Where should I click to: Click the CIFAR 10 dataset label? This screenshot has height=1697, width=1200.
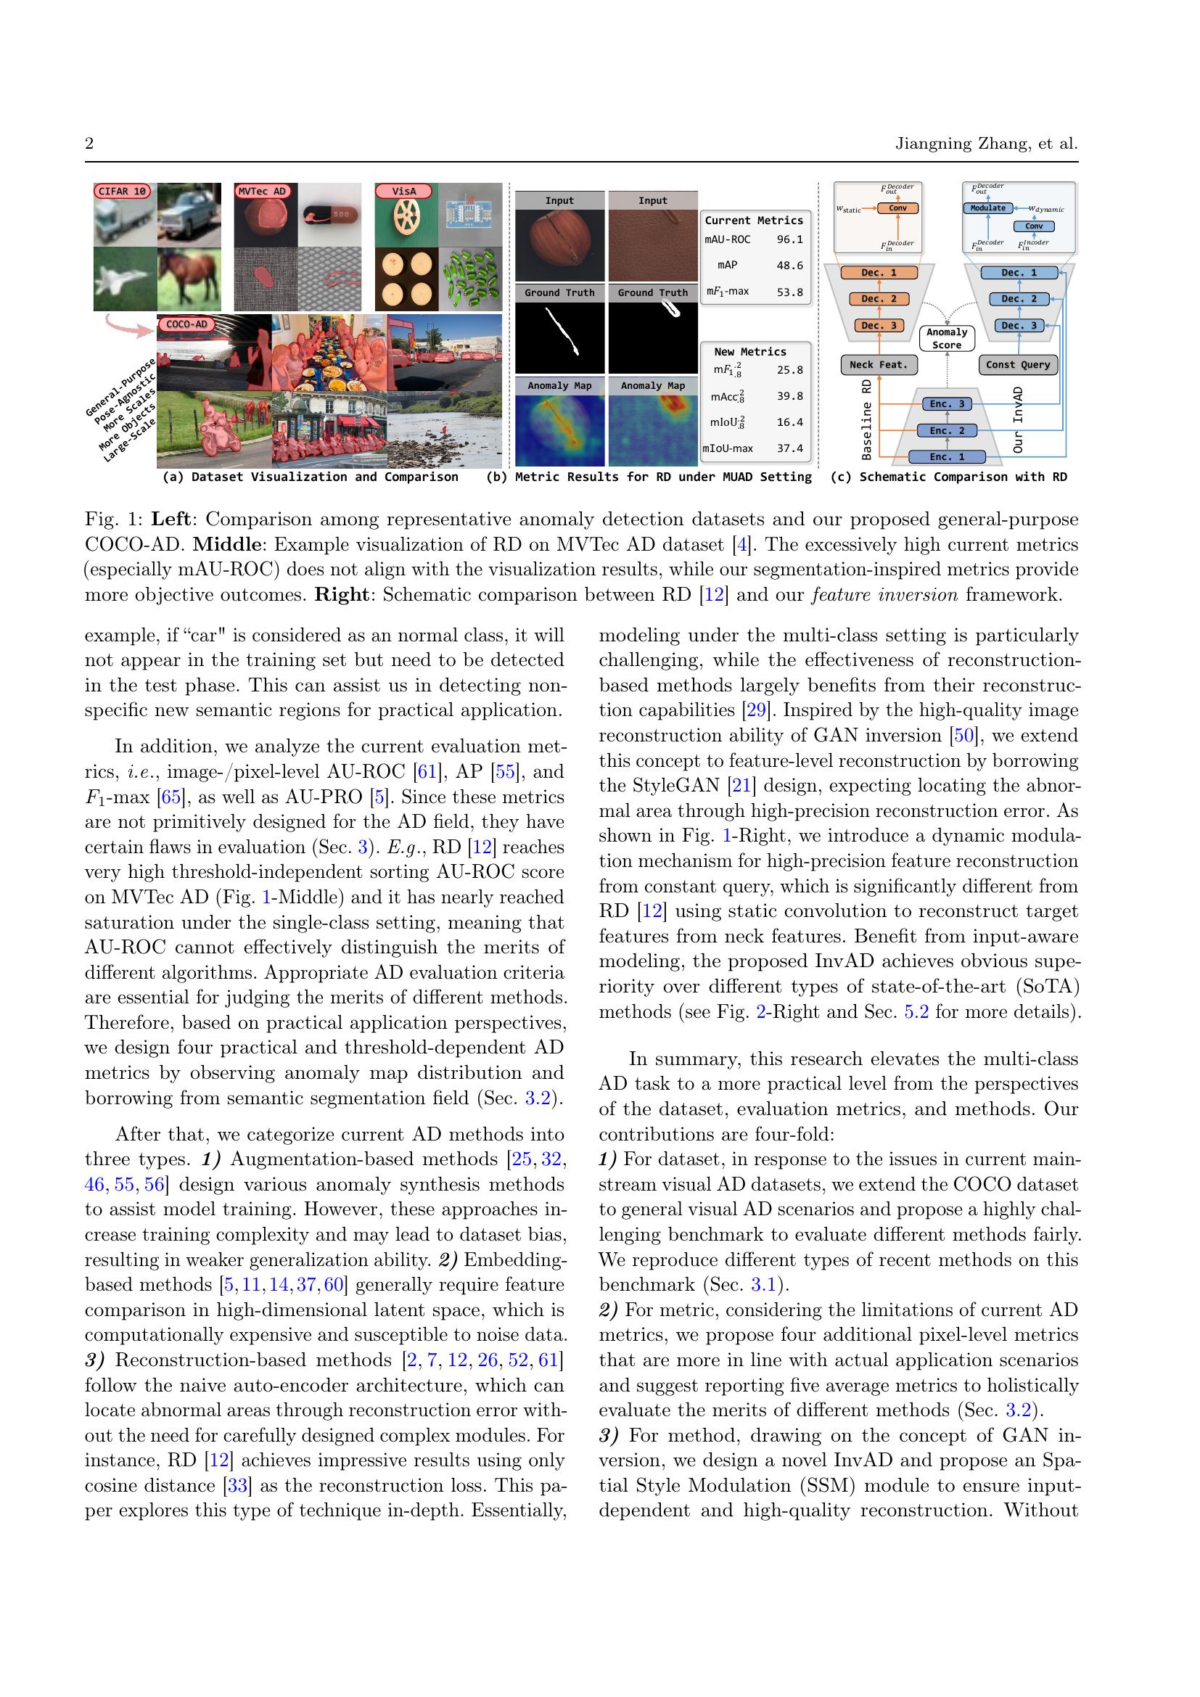coord(123,192)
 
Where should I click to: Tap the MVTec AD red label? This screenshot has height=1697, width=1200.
coord(262,192)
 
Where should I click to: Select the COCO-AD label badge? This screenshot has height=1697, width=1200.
coord(187,324)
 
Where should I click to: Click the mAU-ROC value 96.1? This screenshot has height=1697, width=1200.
coord(789,239)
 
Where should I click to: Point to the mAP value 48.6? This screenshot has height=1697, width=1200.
coord(789,266)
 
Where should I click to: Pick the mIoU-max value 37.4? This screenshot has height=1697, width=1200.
coord(789,448)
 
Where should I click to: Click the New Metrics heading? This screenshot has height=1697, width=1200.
coord(750,352)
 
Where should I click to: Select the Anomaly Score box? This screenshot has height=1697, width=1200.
coord(947,339)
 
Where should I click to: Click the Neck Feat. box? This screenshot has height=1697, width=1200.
coord(878,364)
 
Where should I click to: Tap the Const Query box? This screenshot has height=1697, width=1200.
coord(1017,364)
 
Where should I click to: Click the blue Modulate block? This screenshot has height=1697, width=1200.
coord(988,208)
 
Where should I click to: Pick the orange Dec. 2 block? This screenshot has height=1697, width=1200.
coord(879,300)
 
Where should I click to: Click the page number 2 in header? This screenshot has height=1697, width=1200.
coord(89,144)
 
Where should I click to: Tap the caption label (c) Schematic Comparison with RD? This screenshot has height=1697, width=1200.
coord(948,477)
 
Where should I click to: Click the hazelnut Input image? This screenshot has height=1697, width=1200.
coord(559,245)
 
